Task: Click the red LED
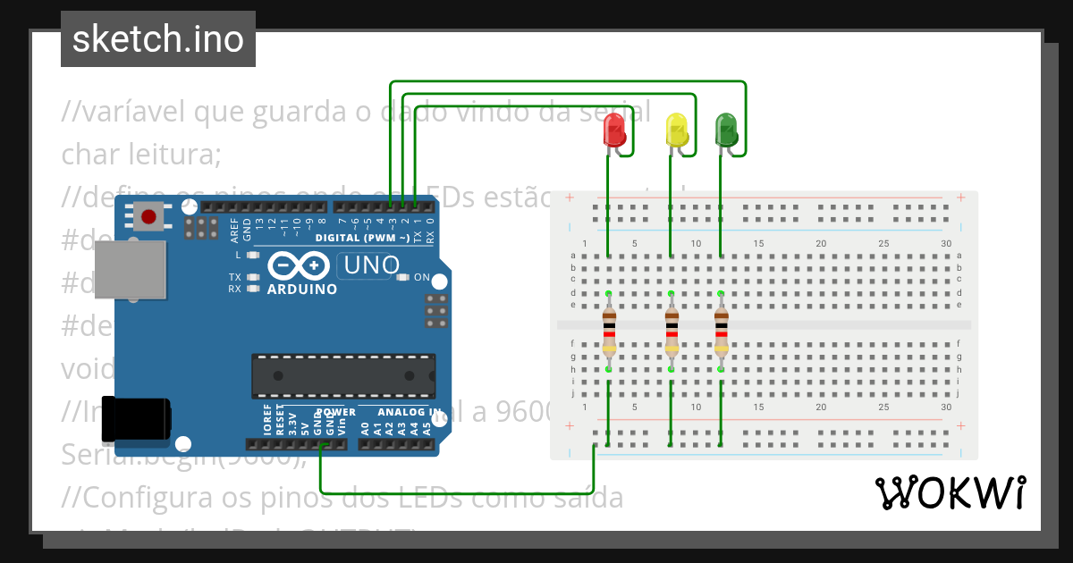click(x=614, y=130)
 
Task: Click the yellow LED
click(x=677, y=130)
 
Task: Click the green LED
click(x=726, y=130)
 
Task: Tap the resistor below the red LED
click(x=609, y=332)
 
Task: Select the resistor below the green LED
click(x=721, y=332)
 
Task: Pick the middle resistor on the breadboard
click(x=672, y=332)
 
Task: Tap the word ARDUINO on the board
click(x=302, y=290)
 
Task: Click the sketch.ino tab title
click(x=158, y=39)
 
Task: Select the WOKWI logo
click(x=949, y=492)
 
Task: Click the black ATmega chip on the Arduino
click(x=343, y=375)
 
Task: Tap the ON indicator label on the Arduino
click(x=421, y=277)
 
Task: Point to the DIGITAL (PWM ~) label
click(x=362, y=238)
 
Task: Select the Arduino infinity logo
click(x=301, y=266)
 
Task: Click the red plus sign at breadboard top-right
click(x=959, y=197)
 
